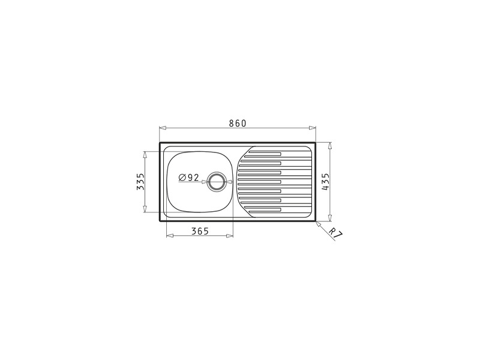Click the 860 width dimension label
[238, 123]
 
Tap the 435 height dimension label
[325, 182]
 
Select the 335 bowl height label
[140, 182]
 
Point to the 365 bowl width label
[200, 231]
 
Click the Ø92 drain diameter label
[189, 178]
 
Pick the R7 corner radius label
[336, 232]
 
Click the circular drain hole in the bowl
[217, 182]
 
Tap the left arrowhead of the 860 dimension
[163, 128]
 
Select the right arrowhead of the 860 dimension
[312, 128]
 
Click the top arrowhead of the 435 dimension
[330, 146]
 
